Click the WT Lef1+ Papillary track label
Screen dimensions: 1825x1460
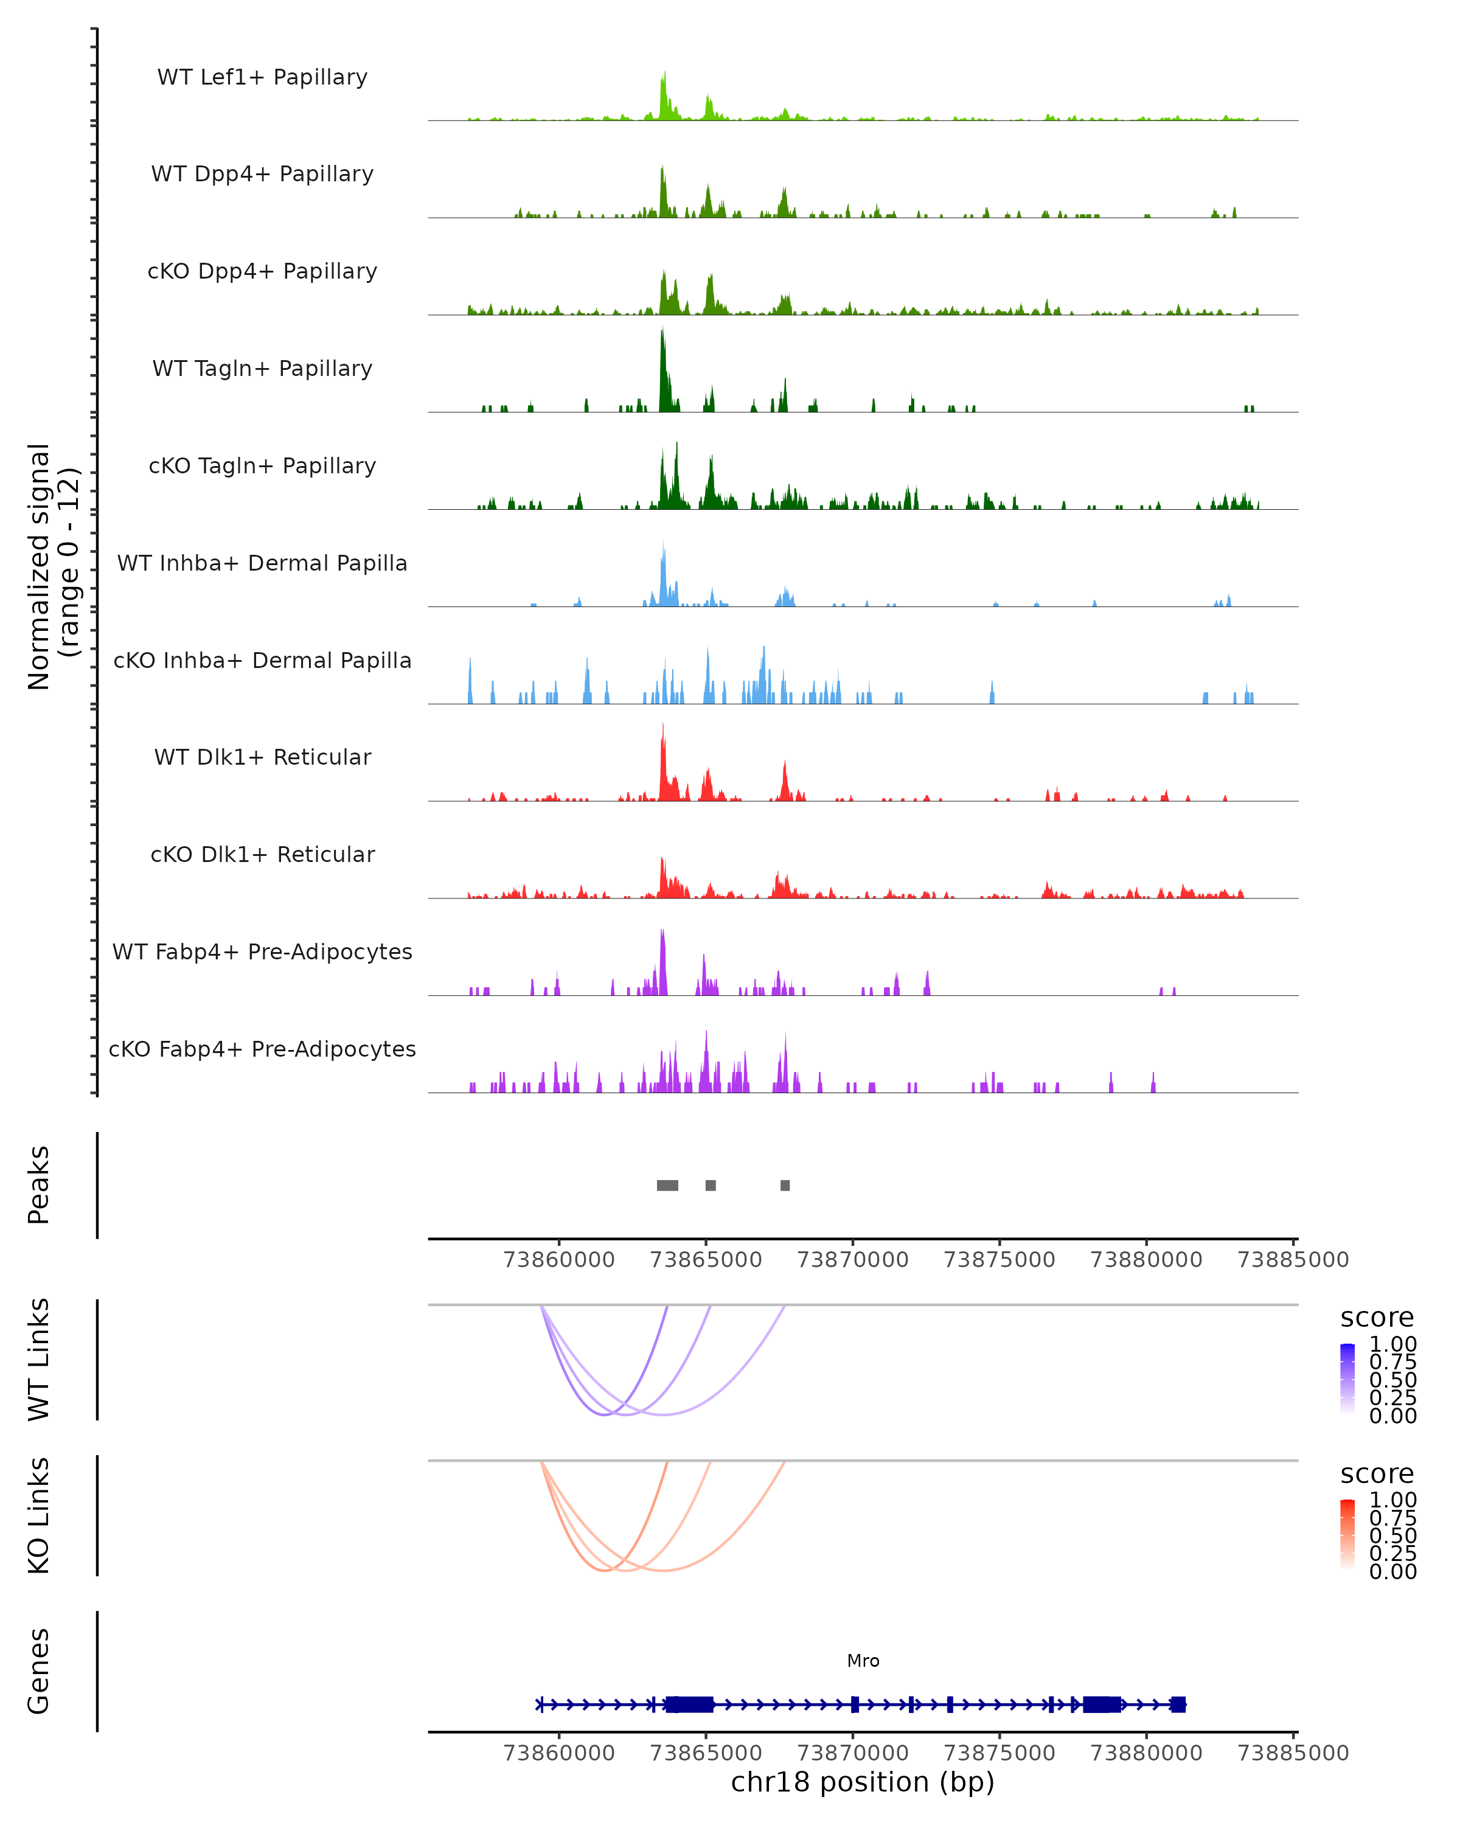(x=262, y=77)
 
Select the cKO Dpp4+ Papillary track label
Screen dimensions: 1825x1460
(x=262, y=272)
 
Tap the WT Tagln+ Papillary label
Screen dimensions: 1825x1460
(x=262, y=369)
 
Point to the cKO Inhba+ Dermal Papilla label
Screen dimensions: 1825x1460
(x=262, y=661)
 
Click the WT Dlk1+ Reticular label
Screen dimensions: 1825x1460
(x=262, y=757)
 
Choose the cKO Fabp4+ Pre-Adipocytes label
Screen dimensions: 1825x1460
(x=262, y=1049)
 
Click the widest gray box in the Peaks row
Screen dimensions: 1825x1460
(x=667, y=1185)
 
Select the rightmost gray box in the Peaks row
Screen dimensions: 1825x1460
(x=785, y=1185)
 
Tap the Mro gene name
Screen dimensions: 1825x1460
(x=863, y=1661)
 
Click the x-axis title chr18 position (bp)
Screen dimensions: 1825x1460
(x=863, y=1782)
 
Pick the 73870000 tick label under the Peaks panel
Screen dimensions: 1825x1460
(x=852, y=1260)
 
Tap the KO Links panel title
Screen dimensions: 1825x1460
(x=39, y=1515)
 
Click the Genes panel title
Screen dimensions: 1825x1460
(x=39, y=1671)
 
